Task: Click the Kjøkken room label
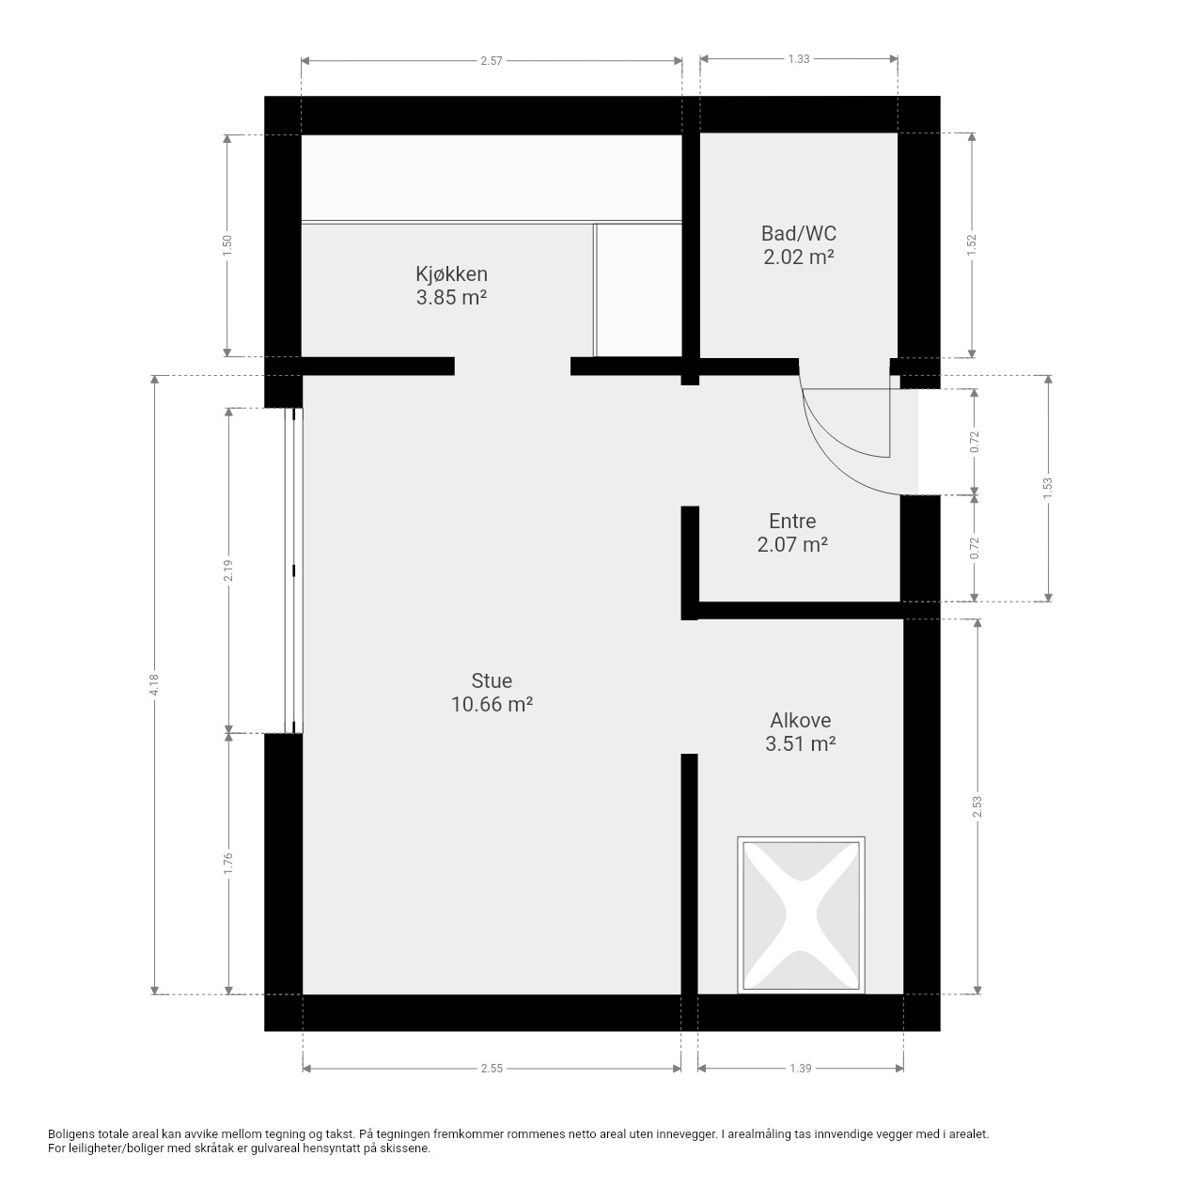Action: pyautogui.click(x=451, y=273)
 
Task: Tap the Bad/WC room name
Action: pyautogui.click(x=798, y=233)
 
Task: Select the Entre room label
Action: pyautogui.click(x=791, y=521)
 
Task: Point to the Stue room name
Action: pyautogui.click(x=492, y=680)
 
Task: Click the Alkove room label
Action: pyautogui.click(x=800, y=721)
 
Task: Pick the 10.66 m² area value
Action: pyautogui.click(x=492, y=704)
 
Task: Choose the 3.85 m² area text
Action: pyautogui.click(x=451, y=297)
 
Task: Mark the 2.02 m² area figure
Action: pyautogui.click(x=799, y=257)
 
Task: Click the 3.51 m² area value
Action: pyautogui.click(x=800, y=743)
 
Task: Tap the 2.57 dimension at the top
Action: pyautogui.click(x=492, y=61)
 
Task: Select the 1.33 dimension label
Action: pyautogui.click(x=799, y=59)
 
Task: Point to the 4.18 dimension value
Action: pyautogui.click(x=155, y=684)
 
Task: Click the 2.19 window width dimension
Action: pyautogui.click(x=228, y=570)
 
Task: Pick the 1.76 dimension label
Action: pyautogui.click(x=228, y=863)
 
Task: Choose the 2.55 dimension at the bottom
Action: pyautogui.click(x=492, y=1069)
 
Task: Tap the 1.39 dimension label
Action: pyautogui.click(x=801, y=1069)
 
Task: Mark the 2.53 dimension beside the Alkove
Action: pyautogui.click(x=977, y=806)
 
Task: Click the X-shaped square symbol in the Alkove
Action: pyautogui.click(x=801, y=914)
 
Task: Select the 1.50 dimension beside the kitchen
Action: pyautogui.click(x=227, y=245)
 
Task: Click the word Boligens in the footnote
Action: pyautogui.click(x=71, y=1134)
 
